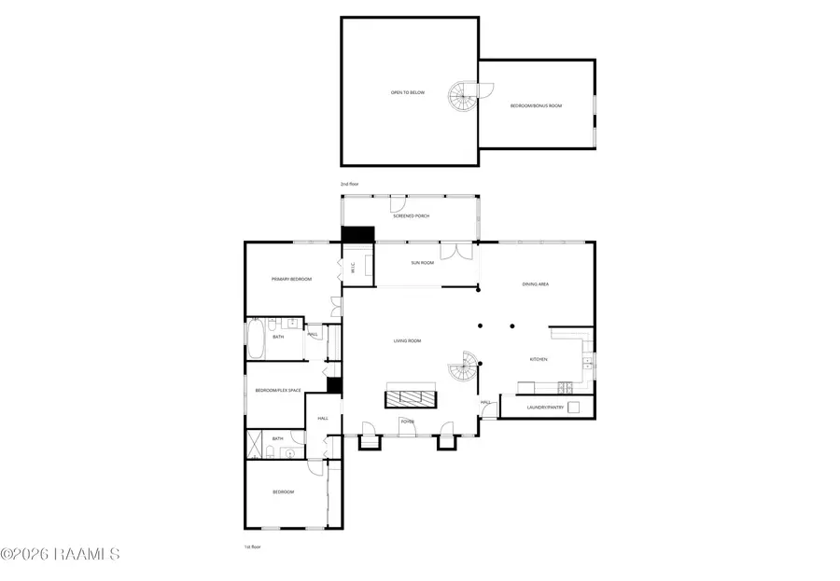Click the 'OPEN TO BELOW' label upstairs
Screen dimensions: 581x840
click(407, 92)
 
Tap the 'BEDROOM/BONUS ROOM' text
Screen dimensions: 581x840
click(536, 106)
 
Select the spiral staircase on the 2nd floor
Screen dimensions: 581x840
click(463, 94)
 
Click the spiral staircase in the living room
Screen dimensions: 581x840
click(463, 370)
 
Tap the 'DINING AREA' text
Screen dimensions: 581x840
click(534, 284)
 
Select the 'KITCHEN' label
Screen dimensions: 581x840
click(539, 359)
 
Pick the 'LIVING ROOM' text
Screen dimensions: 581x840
click(407, 340)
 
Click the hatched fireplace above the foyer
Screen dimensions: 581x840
click(411, 398)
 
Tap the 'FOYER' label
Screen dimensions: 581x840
click(408, 421)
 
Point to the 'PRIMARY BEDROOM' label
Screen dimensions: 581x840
click(291, 279)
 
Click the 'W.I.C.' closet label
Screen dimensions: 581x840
click(353, 269)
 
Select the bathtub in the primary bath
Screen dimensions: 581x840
click(257, 339)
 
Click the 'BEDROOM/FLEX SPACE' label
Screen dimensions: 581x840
click(278, 390)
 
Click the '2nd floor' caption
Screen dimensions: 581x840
click(349, 185)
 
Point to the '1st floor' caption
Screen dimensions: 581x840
click(251, 546)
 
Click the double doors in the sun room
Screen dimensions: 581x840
click(451, 251)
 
